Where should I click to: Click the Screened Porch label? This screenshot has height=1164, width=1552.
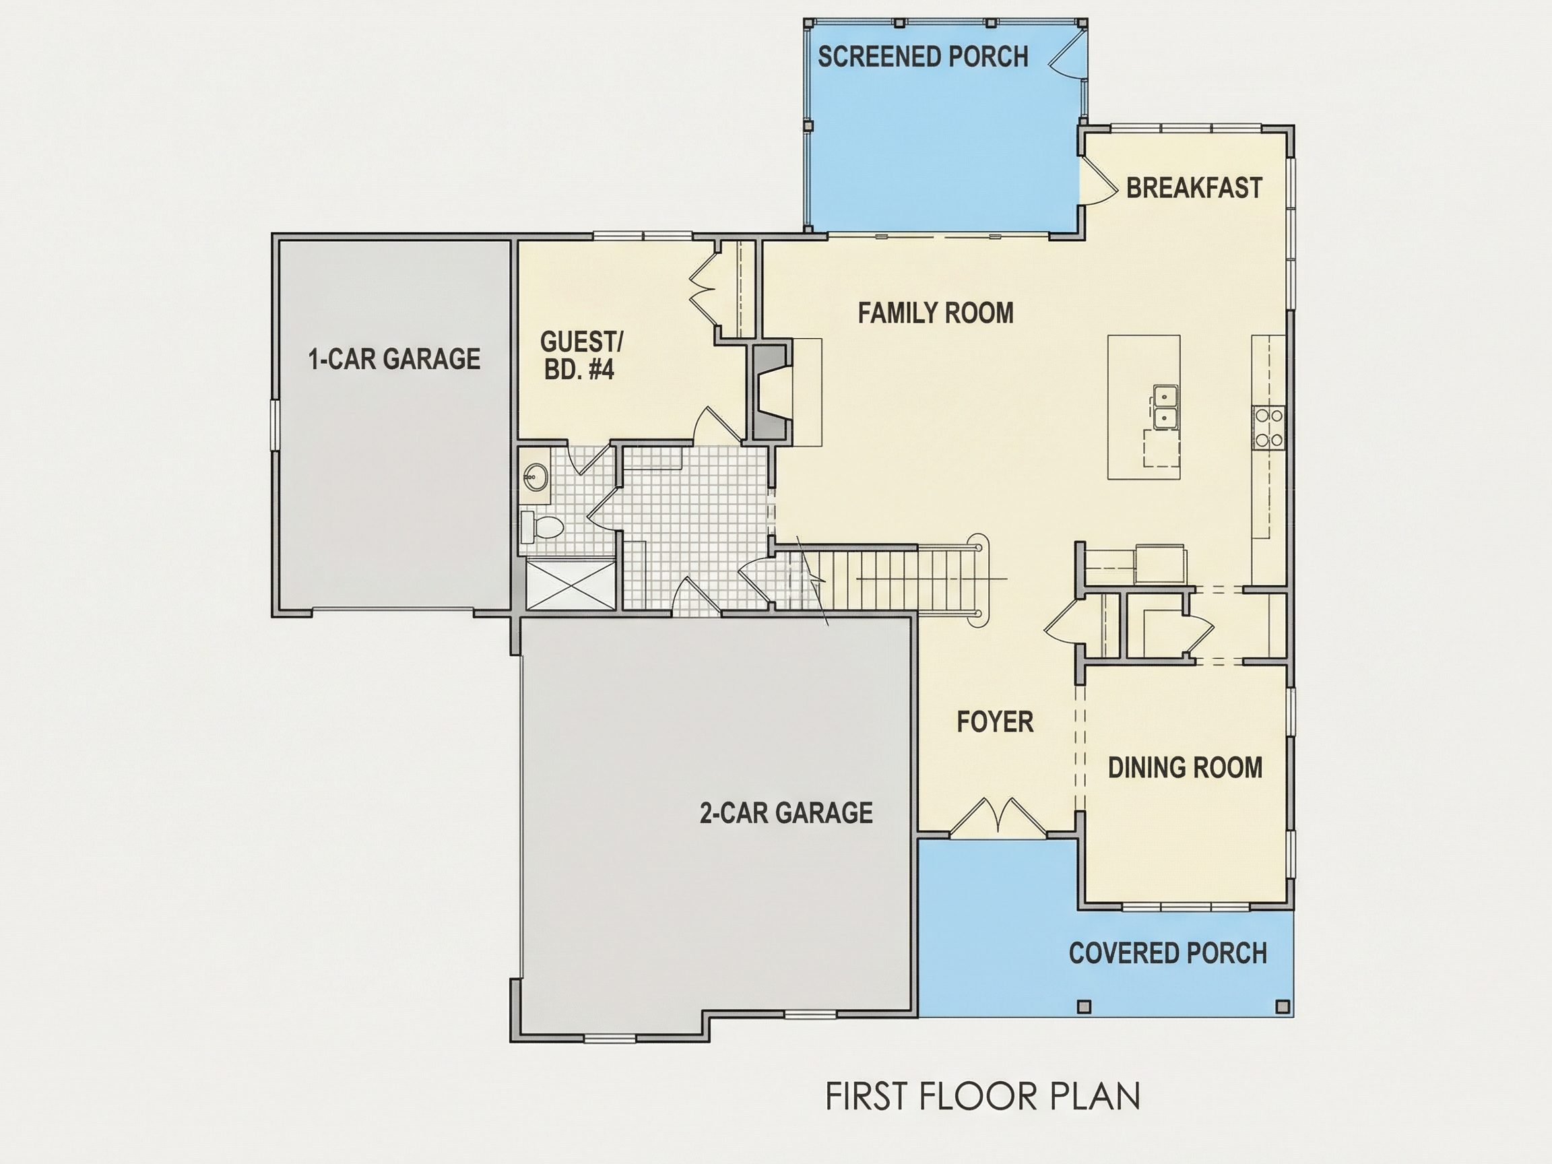click(x=923, y=57)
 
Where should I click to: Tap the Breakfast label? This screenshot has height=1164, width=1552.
click(x=1194, y=188)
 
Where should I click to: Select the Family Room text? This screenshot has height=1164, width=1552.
click(x=936, y=313)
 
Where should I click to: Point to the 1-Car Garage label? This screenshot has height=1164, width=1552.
click(x=394, y=359)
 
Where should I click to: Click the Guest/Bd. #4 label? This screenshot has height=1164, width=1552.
click(x=581, y=356)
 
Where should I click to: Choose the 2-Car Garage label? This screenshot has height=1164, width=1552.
click(x=787, y=812)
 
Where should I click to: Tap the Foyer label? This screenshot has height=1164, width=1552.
click(x=995, y=722)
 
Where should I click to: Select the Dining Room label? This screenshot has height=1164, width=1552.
click(x=1185, y=768)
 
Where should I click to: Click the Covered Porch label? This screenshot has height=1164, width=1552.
click(x=1168, y=952)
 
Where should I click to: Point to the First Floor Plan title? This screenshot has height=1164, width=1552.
click(x=983, y=1097)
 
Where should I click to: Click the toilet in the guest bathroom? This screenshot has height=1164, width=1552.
click(x=542, y=526)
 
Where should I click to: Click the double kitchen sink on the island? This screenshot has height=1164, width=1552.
click(x=1165, y=406)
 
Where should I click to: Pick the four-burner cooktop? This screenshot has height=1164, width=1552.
click(x=1268, y=428)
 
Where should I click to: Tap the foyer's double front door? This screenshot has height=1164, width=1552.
click(x=997, y=816)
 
